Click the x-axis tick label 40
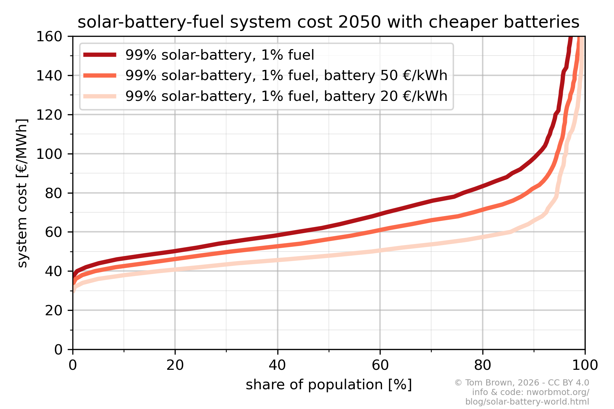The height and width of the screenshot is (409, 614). (x=277, y=365)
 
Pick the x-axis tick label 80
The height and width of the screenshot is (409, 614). (x=482, y=365)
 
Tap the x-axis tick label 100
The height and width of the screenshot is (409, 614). (x=585, y=365)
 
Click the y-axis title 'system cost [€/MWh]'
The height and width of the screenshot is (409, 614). (x=22, y=193)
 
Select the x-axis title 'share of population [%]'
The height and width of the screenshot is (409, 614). (x=329, y=385)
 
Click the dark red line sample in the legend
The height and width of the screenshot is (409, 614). (x=100, y=55)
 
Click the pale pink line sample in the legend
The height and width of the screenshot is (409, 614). (x=100, y=96)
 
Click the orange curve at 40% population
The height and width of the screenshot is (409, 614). (x=277, y=246)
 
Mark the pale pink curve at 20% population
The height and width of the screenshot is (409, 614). (x=175, y=270)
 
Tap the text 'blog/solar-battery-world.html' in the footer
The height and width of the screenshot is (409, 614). (x=527, y=402)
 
